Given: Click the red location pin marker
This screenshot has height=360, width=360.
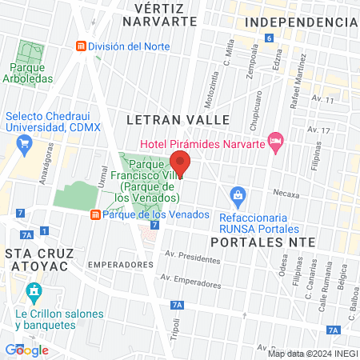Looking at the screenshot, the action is [x=180, y=162].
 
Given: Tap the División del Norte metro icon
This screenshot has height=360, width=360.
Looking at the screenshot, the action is [x=80, y=46].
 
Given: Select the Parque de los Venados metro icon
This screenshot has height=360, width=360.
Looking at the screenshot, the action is [x=95, y=214].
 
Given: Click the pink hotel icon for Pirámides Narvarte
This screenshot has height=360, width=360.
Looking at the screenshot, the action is [x=276, y=142].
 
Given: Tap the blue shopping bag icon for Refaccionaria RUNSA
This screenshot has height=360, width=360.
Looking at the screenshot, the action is [x=238, y=194].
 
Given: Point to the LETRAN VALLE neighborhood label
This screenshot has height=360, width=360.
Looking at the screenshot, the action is [x=178, y=120].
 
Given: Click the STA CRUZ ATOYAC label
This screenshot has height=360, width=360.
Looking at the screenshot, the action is [x=40, y=261].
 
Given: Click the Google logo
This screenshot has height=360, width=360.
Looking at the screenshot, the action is [x=27, y=350].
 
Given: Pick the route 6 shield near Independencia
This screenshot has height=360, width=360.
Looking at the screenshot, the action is [x=270, y=38].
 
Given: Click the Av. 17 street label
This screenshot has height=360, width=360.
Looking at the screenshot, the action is [x=322, y=130].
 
